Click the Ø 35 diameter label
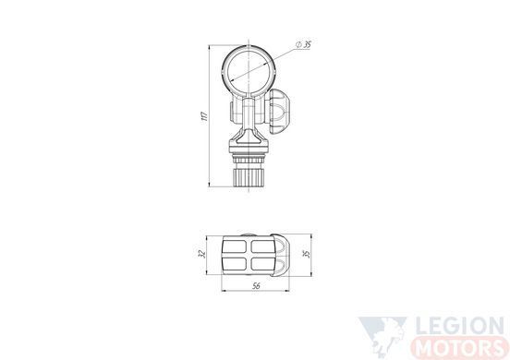(x=303, y=44)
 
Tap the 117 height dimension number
(x=204, y=116)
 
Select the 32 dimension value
(x=201, y=254)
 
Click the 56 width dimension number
(x=256, y=286)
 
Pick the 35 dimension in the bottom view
(x=307, y=254)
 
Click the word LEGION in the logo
(x=459, y=326)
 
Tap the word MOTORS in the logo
(x=459, y=348)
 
